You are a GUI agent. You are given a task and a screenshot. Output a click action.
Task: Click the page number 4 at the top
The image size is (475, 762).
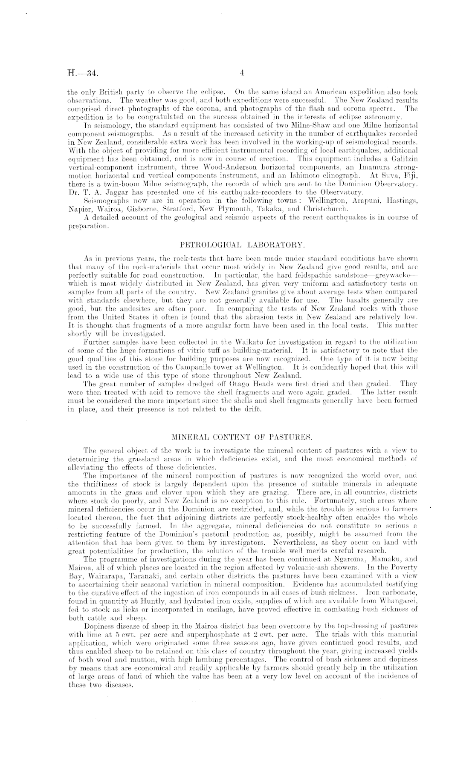coord(241,73)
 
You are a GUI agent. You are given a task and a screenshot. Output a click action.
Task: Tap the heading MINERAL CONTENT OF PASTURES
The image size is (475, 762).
coord(241,437)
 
